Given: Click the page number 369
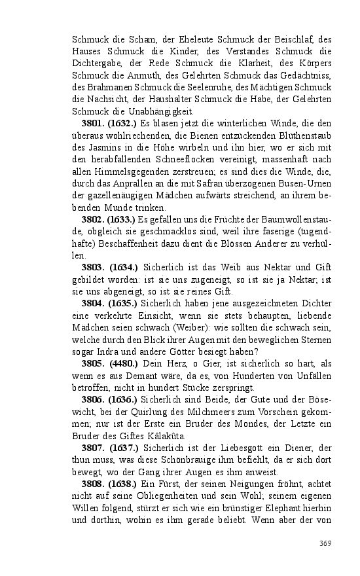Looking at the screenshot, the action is pyautogui.click(x=326, y=543).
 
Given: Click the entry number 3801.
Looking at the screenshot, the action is pyautogui.click(x=94, y=122).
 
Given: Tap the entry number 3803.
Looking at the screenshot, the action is pyautogui.click(x=94, y=268).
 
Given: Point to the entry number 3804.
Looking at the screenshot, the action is pyautogui.click(x=94, y=304).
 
